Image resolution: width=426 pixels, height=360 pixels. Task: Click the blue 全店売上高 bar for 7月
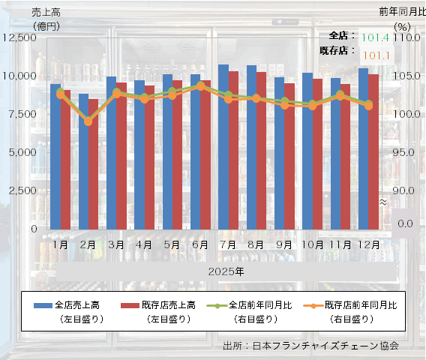click(223, 147)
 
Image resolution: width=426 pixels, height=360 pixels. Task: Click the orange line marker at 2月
click(88, 121)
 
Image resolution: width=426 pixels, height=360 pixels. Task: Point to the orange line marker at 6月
click(200, 87)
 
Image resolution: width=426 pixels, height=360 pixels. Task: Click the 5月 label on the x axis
click(172, 244)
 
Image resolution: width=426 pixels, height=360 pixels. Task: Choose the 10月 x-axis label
click(312, 244)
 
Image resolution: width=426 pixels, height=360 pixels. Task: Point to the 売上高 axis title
click(46, 12)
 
